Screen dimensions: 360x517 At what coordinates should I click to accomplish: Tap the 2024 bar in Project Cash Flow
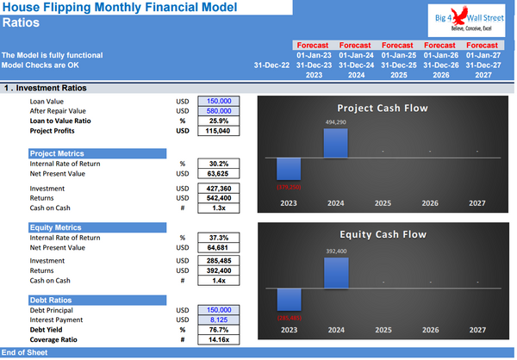click(x=335, y=144)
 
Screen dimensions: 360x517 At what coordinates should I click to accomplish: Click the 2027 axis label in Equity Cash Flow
click(x=476, y=330)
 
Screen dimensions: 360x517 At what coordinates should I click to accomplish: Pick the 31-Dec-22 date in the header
click(x=272, y=65)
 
